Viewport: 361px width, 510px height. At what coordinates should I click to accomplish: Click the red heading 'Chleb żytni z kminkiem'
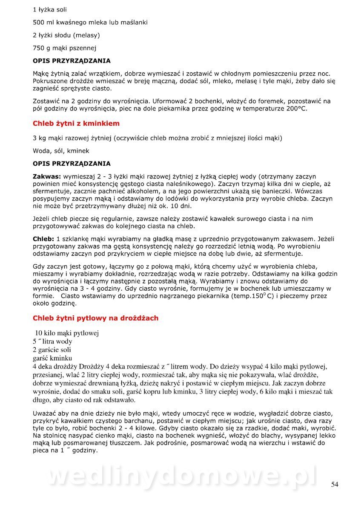pyautogui.click(x=76, y=124)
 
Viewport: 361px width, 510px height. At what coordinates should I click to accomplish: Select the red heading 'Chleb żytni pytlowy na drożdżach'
pyautogui.click(x=95, y=318)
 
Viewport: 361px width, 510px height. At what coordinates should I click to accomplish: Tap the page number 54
pyautogui.click(x=335, y=484)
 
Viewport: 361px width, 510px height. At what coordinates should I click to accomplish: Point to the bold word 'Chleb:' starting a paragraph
pyautogui.click(x=43, y=239)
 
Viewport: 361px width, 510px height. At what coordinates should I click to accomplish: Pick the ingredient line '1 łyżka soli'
pyautogui.click(x=50, y=9)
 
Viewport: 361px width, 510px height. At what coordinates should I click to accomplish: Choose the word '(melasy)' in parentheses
pyautogui.click(x=86, y=35)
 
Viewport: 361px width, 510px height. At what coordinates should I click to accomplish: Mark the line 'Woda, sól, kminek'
pyautogui.click(x=61, y=150)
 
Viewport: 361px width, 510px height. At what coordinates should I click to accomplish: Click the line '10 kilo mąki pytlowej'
pyautogui.click(x=67, y=333)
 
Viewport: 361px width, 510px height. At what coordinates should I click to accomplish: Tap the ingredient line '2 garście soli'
pyautogui.click(x=52, y=350)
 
